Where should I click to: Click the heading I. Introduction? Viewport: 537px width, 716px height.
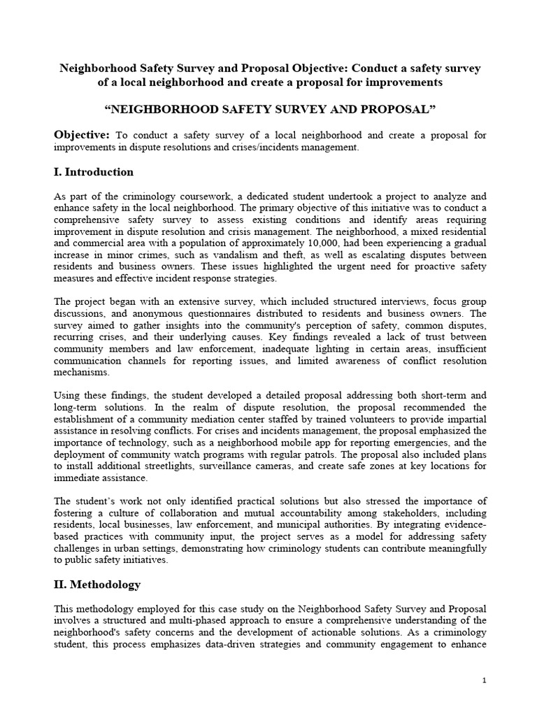coord(94,172)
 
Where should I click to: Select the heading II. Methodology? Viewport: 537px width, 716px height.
coord(97,584)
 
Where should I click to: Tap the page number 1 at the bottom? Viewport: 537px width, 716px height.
coord(483,680)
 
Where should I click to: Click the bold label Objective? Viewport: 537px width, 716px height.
coord(82,134)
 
